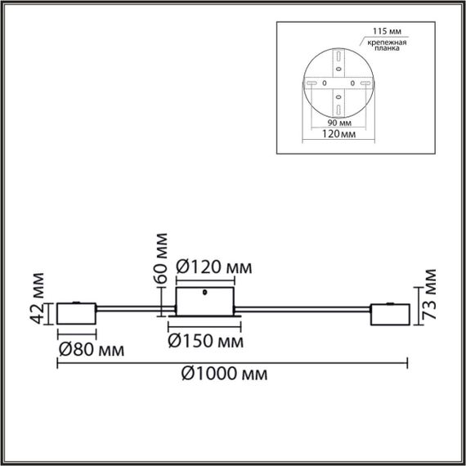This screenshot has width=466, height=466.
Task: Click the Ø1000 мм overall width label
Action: (x=222, y=374)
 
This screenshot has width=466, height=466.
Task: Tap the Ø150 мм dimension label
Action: (x=205, y=338)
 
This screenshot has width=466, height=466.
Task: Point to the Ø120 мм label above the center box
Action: (x=213, y=267)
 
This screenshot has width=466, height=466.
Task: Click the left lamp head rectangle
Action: (x=77, y=313)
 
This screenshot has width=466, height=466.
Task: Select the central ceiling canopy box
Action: (x=205, y=302)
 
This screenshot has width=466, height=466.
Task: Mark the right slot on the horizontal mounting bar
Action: (x=364, y=83)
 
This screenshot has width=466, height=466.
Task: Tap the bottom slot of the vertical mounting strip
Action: (x=338, y=108)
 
